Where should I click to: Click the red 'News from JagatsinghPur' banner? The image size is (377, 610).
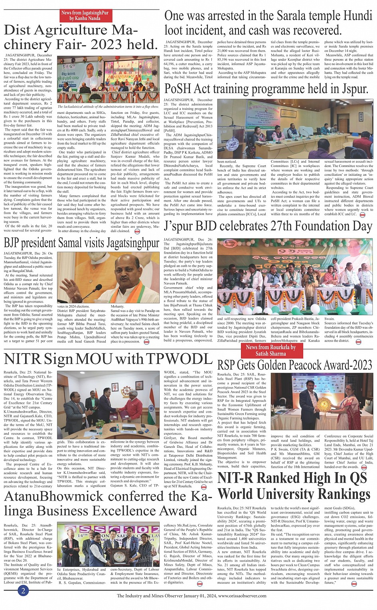[x=85, y=16]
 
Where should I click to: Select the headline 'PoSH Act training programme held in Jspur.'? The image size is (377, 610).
[x=266, y=89]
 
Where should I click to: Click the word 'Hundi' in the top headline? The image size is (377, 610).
[x=355, y=16]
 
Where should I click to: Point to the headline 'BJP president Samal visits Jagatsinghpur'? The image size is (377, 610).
[x=81, y=243]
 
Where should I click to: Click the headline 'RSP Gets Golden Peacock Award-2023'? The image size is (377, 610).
[x=294, y=365]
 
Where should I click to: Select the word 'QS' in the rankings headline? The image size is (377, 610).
[x=358, y=478]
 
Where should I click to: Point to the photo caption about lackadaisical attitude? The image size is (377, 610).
[x=108, y=107]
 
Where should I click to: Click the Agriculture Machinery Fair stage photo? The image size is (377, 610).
[x=108, y=79]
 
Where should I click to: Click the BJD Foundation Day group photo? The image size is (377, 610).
[x=295, y=277]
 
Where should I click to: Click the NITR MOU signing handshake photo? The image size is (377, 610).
[x=108, y=404]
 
